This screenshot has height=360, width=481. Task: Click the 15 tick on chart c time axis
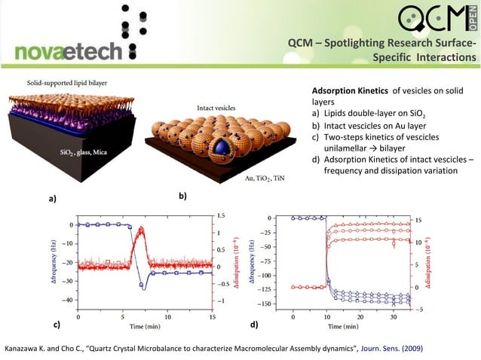212,318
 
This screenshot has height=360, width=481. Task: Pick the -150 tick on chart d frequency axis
275,304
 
